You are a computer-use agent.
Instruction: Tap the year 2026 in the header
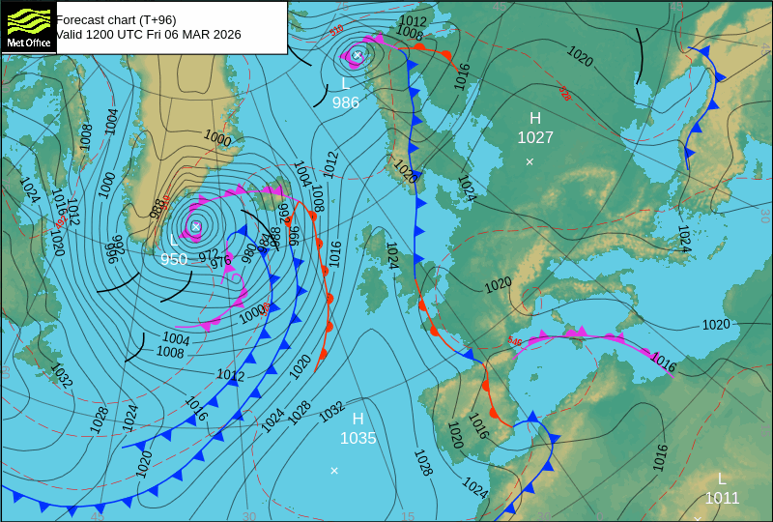(x=225, y=34)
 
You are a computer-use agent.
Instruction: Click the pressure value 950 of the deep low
(x=174, y=259)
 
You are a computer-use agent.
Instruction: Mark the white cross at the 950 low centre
(x=196, y=226)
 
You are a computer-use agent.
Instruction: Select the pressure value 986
(x=345, y=102)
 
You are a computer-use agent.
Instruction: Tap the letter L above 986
(x=345, y=84)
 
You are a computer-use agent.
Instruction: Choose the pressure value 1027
(x=535, y=137)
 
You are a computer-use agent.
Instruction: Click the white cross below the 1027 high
(x=530, y=161)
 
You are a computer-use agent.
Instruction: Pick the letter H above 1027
(x=535, y=118)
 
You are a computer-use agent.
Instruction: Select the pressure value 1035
(x=358, y=438)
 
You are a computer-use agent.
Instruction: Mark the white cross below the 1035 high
(x=334, y=471)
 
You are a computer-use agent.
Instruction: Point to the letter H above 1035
(x=358, y=419)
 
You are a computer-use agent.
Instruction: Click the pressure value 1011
(x=721, y=498)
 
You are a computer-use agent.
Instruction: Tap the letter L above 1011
(x=721, y=478)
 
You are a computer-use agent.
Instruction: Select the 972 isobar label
(x=209, y=255)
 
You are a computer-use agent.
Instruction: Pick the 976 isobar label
(x=221, y=261)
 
